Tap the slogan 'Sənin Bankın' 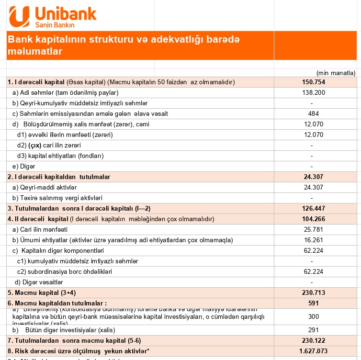click(x=56, y=24)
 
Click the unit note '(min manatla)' click(x=336, y=73)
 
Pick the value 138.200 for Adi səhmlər click(x=314, y=92)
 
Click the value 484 click(x=314, y=113)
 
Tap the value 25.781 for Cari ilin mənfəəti click(x=314, y=229)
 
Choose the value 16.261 click(x=314, y=240)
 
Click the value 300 click(x=314, y=316)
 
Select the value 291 click(x=314, y=330)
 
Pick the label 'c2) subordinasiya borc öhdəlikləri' click(x=64, y=271)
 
